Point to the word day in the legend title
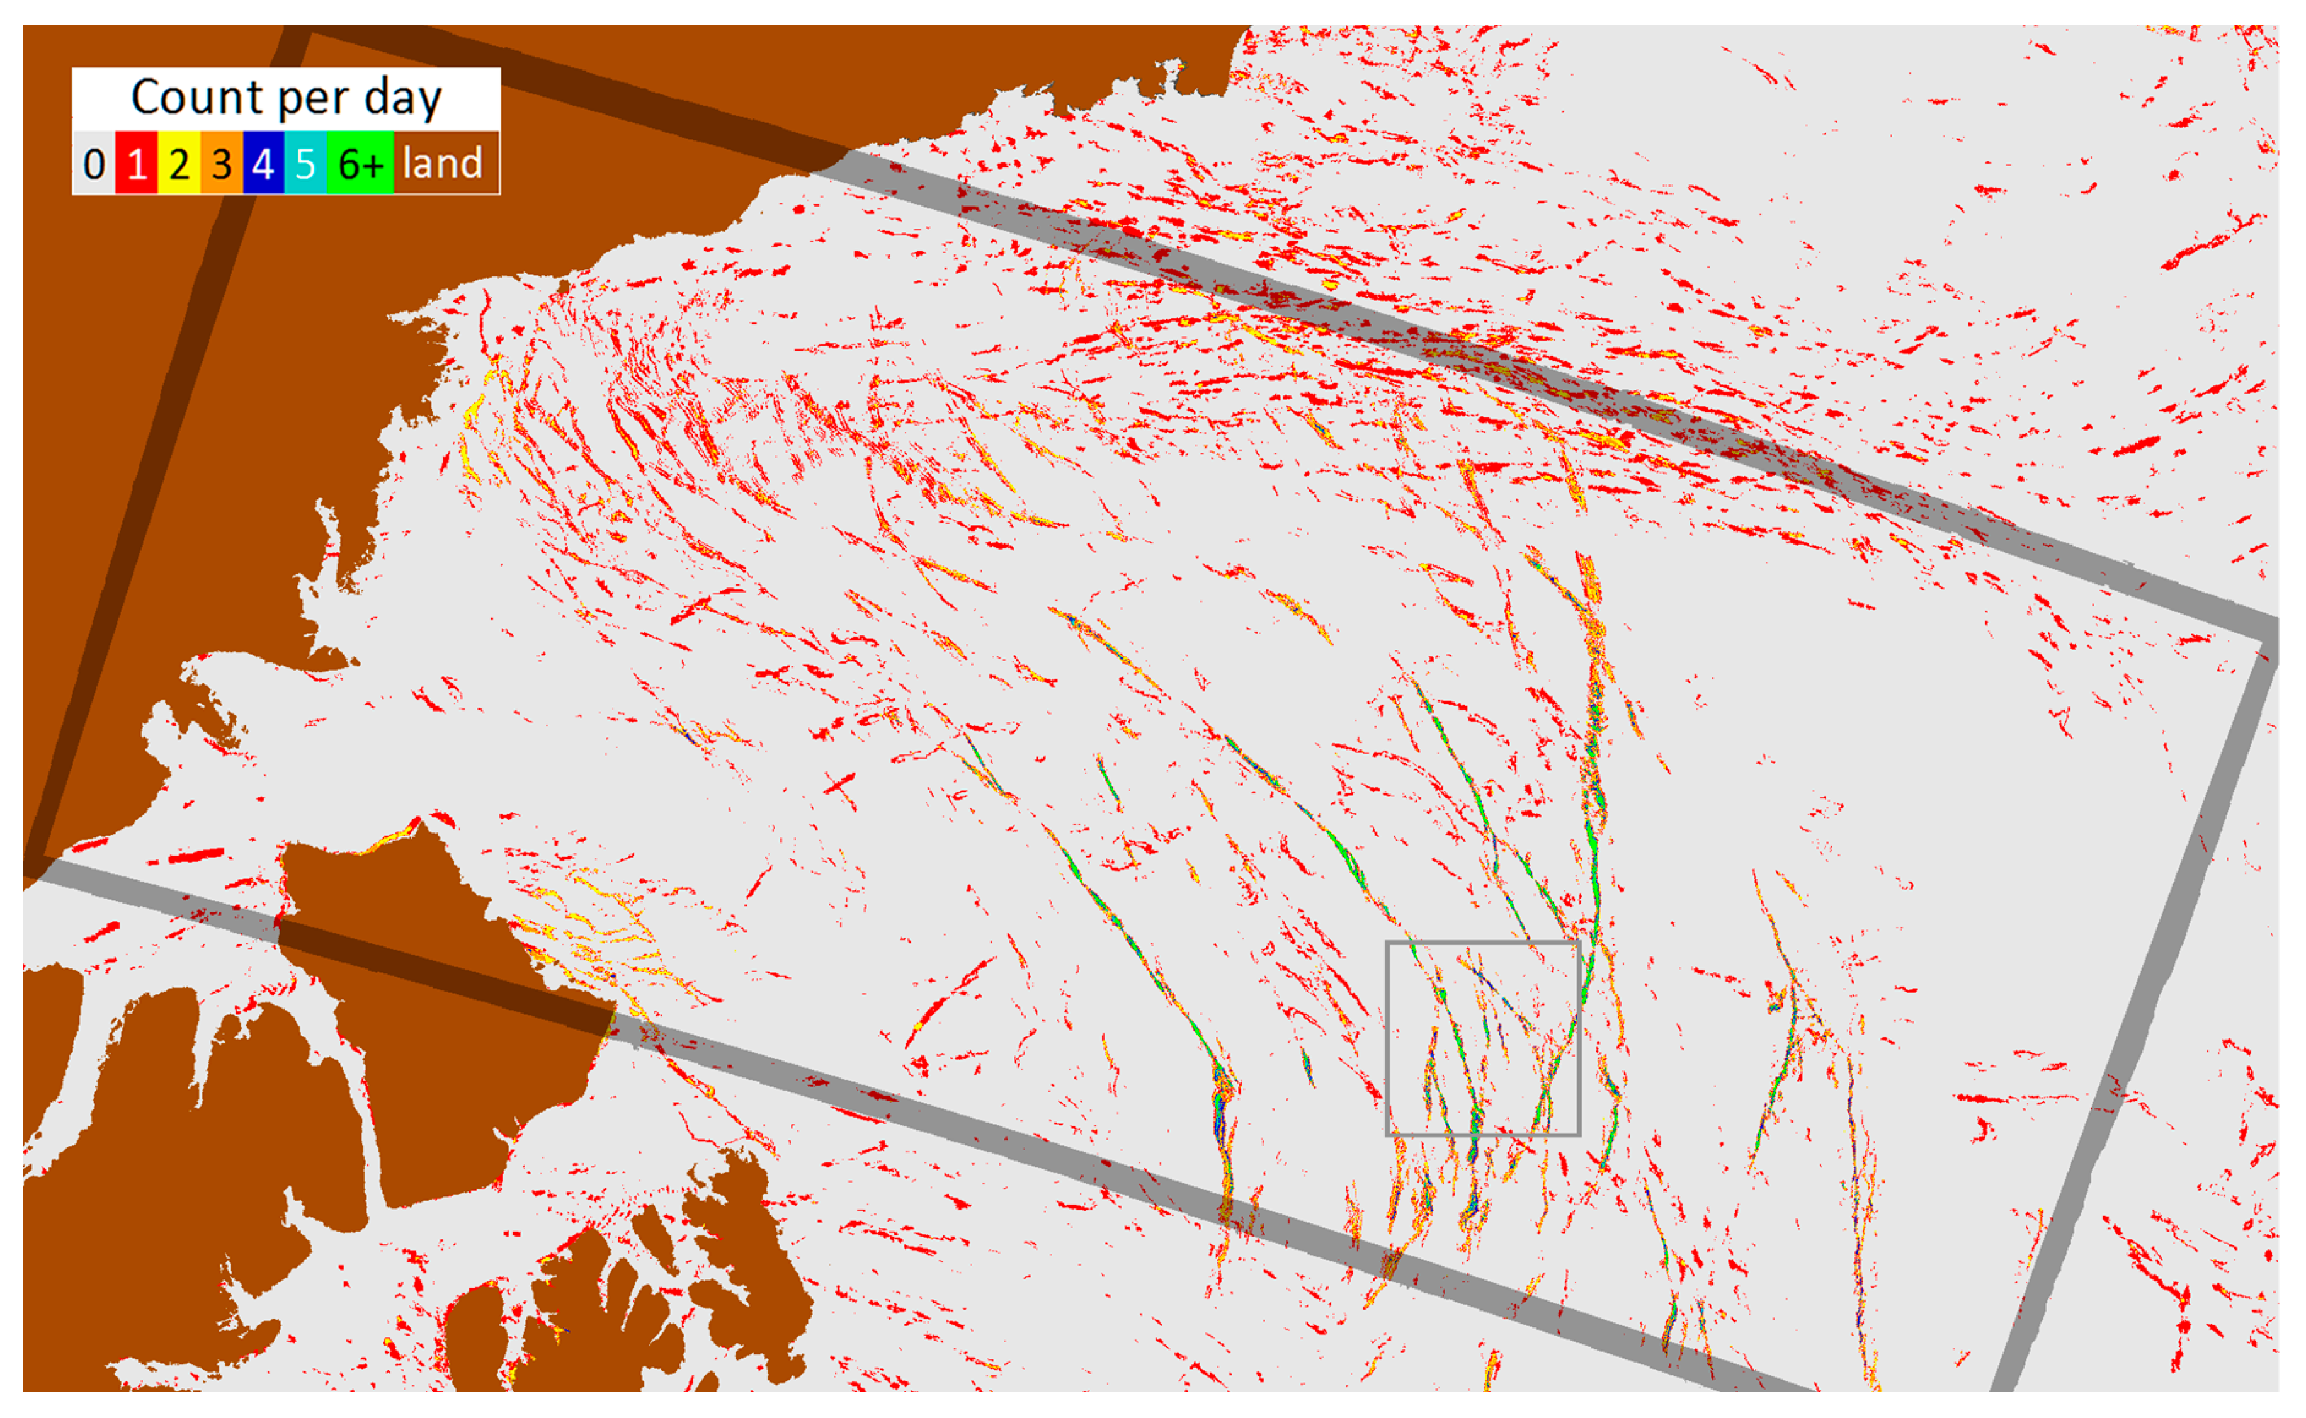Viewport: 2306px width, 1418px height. pyautogui.click(x=402, y=98)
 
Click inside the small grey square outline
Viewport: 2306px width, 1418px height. pyautogui.click(x=1482, y=1038)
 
